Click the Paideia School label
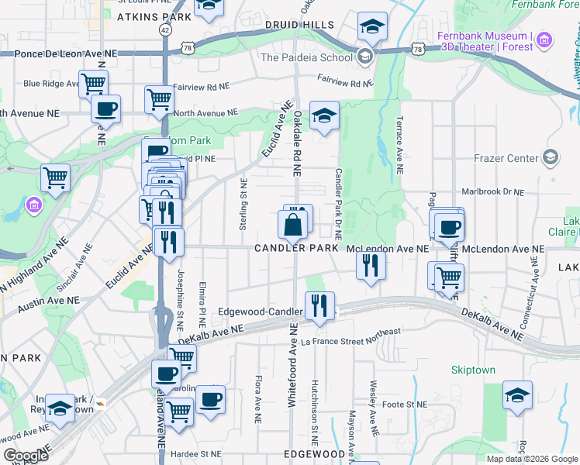pyautogui.click(x=306, y=57)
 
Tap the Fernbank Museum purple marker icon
pyautogui.click(x=545, y=40)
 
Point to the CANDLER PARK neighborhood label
pyautogui.click(x=297, y=248)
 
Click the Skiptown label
pyautogui.click(x=473, y=370)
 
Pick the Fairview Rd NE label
pyautogui.click(x=346, y=80)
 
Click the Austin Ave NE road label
pyautogui.click(x=48, y=304)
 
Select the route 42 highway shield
pyautogui.click(x=165, y=29)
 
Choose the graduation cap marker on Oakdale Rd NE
pyautogui.click(x=325, y=116)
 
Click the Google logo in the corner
pyautogui.click(x=26, y=456)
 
